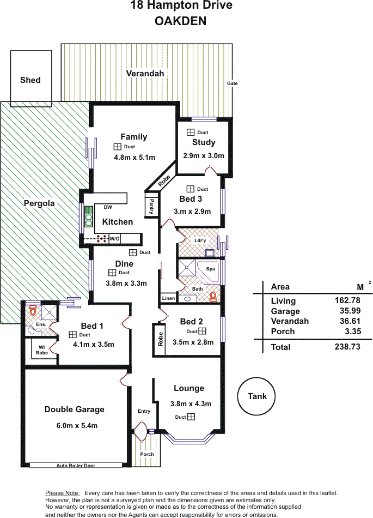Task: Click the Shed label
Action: click(30, 80)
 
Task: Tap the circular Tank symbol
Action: click(256, 396)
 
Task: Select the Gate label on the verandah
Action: click(232, 83)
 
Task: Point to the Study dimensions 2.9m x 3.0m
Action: click(204, 155)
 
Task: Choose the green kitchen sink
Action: click(88, 216)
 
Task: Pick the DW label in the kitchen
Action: click(108, 207)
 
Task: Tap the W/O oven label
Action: click(114, 238)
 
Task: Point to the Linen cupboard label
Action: click(168, 298)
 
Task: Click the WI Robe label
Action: click(42, 350)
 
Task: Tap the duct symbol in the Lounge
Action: click(191, 417)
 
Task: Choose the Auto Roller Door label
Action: click(76, 466)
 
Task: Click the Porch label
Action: click(147, 454)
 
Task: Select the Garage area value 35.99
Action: click(350, 311)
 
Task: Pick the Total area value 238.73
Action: click(347, 347)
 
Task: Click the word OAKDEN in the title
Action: click(180, 21)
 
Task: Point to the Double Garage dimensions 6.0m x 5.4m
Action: click(77, 425)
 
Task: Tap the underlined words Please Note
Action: click(62, 493)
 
